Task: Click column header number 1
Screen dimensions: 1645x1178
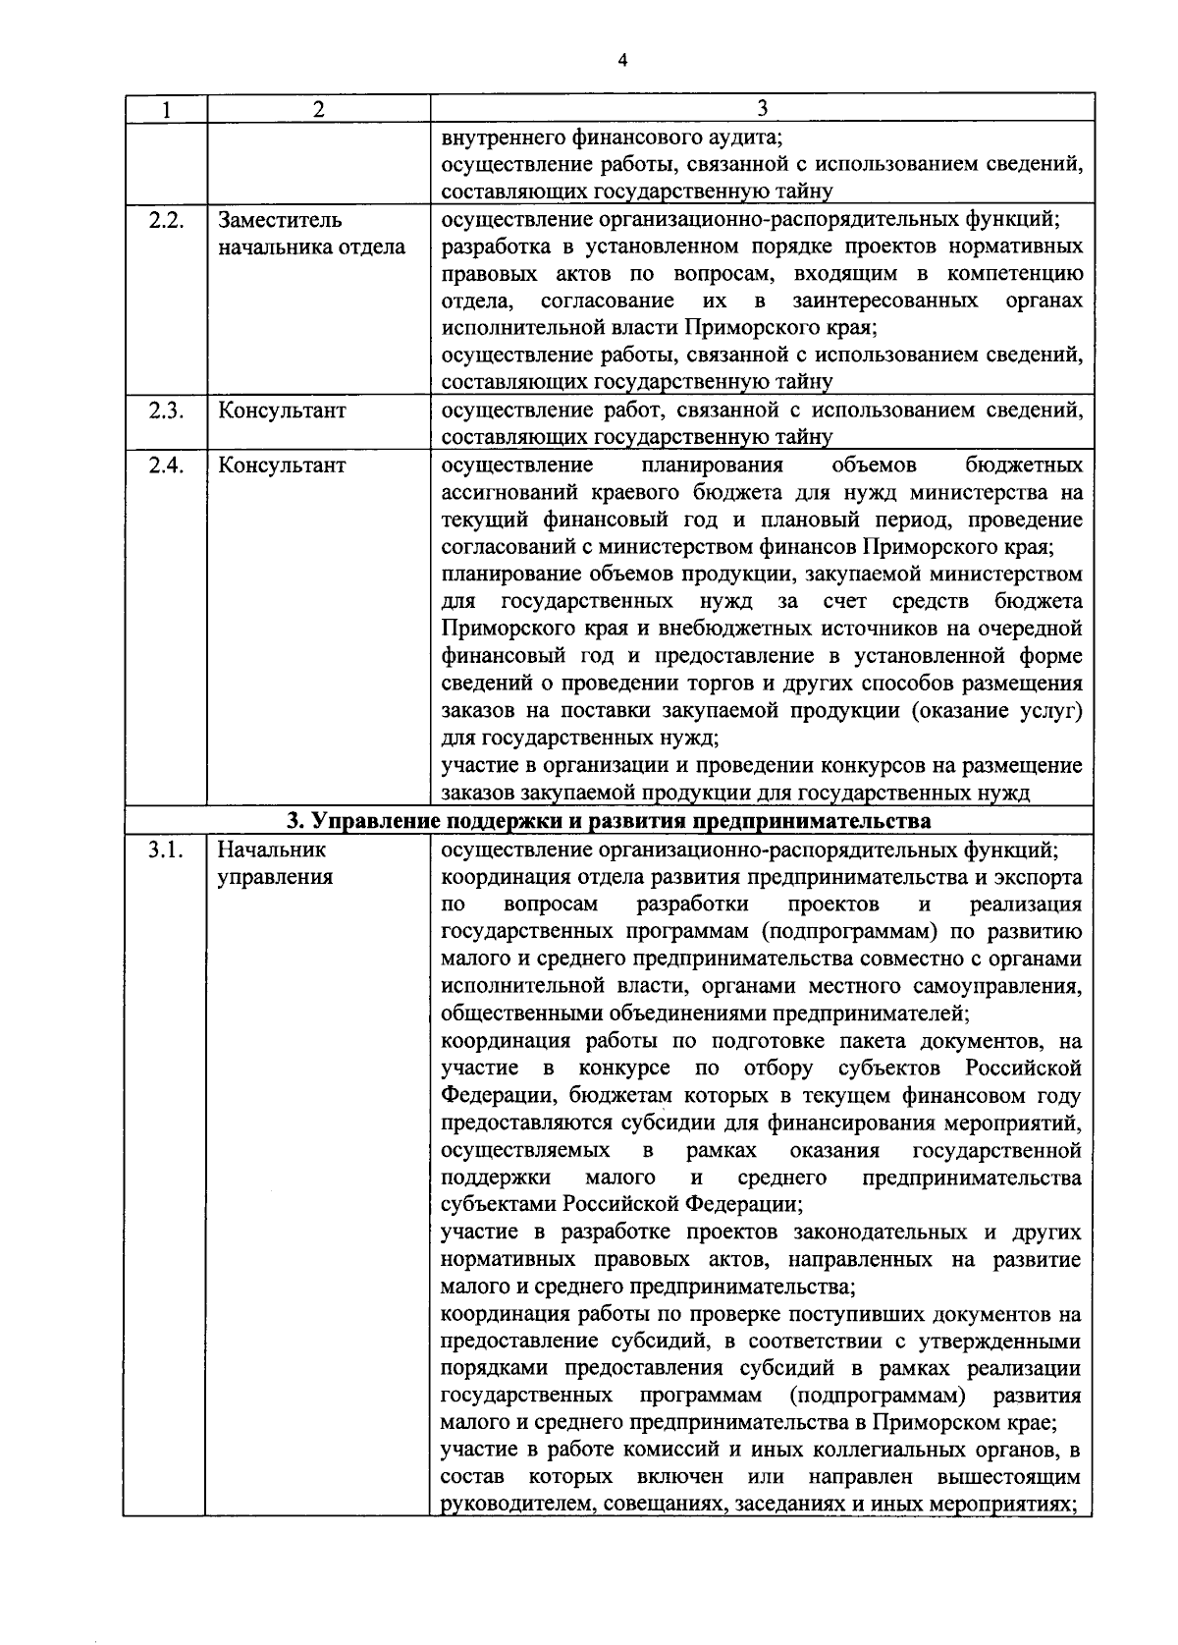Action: coord(166,109)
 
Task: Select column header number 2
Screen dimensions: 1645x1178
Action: coord(318,109)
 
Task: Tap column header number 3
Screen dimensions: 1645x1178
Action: coord(762,108)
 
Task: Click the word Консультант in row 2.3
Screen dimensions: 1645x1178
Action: coord(282,411)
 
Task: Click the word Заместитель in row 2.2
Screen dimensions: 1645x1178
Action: coord(280,220)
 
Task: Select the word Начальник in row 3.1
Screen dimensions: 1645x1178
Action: coord(272,850)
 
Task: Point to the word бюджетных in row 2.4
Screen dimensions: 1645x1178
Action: coord(1024,465)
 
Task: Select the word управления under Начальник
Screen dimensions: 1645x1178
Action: coord(275,877)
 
